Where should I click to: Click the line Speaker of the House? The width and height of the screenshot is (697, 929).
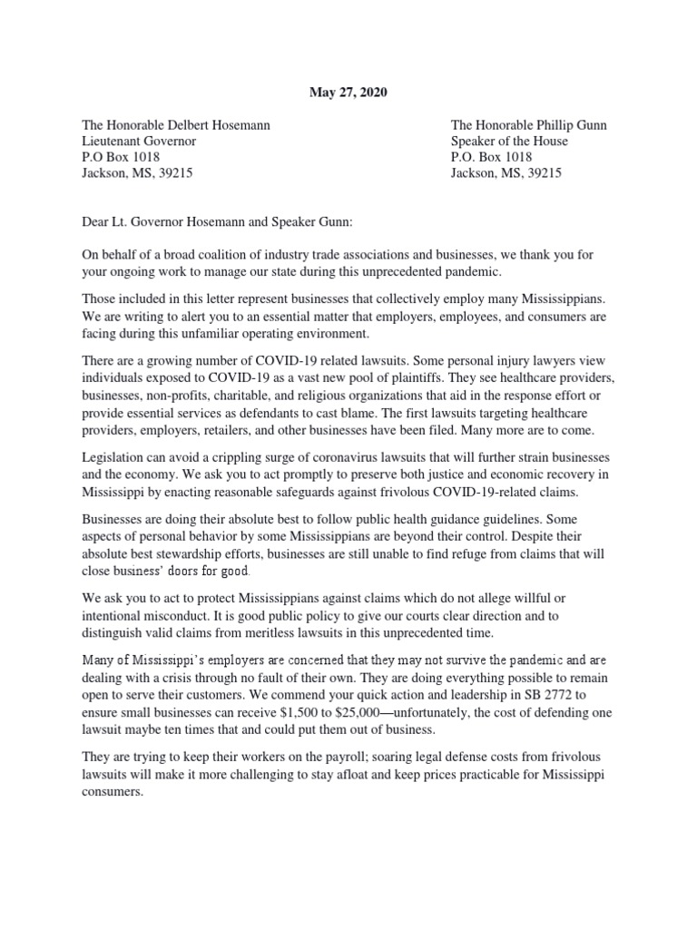click(509, 142)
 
